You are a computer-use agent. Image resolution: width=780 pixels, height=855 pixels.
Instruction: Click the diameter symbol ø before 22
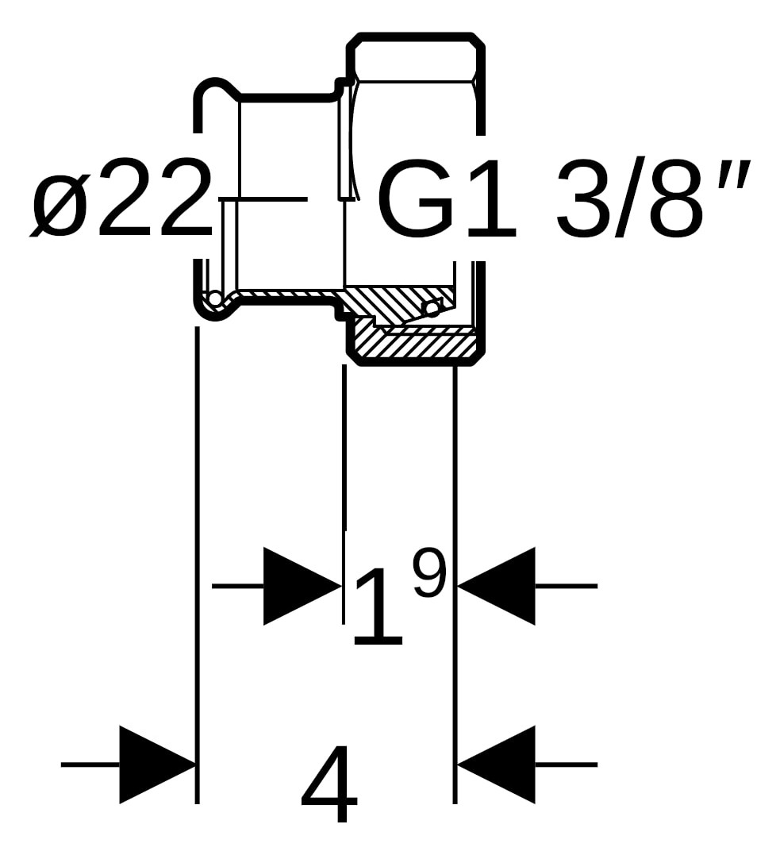(x=60, y=199)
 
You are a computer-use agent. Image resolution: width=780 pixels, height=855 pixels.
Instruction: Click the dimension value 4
(x=329, y=784)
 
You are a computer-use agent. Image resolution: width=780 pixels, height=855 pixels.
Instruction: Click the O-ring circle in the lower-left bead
(x=214, y=299)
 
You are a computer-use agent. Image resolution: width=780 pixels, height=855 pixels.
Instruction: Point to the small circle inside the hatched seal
(x=432, y=308)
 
